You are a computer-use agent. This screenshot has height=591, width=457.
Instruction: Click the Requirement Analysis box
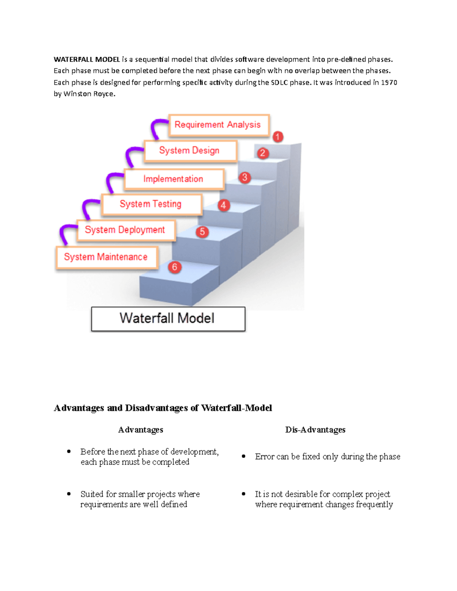[x=219, y=125]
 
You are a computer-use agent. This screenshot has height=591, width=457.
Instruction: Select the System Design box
[x=190, y=151]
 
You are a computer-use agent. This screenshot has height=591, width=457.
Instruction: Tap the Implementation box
[x=174, y=179]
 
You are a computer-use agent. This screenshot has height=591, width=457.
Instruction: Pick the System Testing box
[x=151, y=204]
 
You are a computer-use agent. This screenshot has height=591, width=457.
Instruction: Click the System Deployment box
[x=126, y=230]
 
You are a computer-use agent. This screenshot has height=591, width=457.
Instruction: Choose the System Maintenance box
[x=106, y=257]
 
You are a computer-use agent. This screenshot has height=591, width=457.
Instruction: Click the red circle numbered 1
[x=278, y=137]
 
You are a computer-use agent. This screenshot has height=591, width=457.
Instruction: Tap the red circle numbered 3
[x=245, y=177]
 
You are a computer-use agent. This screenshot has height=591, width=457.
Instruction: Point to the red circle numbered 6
[x=174, y=267]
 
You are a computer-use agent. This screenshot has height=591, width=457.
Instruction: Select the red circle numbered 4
[x=224, y=205]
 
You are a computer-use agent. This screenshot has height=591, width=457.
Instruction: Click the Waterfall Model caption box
[x=168, y=319]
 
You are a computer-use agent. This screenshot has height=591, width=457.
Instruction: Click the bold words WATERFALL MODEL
[x=87, y=59]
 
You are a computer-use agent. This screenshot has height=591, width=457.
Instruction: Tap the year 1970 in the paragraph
[x=389, y=83]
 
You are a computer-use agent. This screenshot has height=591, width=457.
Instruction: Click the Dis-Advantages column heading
[x=315, y=430]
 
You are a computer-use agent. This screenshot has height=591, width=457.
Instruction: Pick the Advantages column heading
[x=141, y=430]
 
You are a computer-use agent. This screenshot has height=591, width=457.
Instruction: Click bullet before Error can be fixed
[x=244, y=456]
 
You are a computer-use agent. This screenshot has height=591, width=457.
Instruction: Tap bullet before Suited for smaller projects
[x=69, y=494]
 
